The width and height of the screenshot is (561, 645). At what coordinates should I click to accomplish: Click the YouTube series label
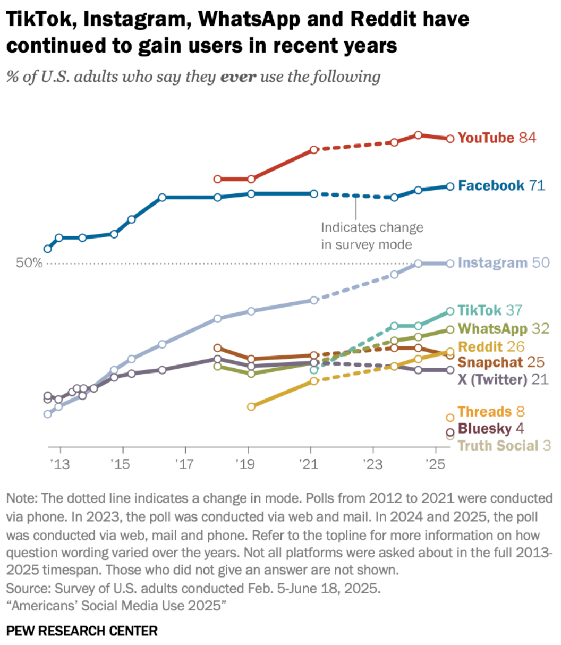(486, 138)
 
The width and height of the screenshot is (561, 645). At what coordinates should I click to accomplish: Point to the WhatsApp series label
(492, 329)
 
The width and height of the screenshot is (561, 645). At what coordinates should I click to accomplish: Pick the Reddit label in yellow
(480, 347)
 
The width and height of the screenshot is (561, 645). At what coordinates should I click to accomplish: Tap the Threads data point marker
(450, 418)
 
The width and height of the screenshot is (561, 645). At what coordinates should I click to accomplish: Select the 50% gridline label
(29, 264)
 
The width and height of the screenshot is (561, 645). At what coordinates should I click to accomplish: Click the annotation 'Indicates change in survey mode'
(372, 236)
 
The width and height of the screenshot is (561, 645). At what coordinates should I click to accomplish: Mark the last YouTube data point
(450, 139)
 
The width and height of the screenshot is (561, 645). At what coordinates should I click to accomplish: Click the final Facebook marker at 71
(450, 186)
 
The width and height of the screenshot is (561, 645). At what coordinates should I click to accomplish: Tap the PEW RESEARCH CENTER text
(82, 631)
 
